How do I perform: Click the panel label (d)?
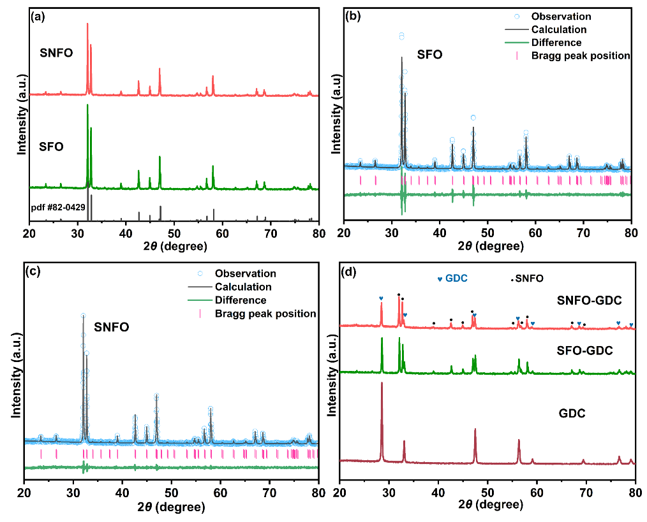coord(351,273)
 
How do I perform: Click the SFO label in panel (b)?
coord(430,55)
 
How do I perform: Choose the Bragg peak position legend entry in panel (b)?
coord(581,56)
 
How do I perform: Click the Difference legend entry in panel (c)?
coord(241,300)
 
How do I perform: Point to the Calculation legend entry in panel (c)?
coord(243,287)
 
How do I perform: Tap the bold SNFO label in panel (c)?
coord(111,328)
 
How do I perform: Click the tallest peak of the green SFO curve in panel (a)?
coord(87,106)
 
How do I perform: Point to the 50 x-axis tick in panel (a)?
coord(174,233)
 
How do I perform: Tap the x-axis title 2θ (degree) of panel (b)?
coord(487,246)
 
